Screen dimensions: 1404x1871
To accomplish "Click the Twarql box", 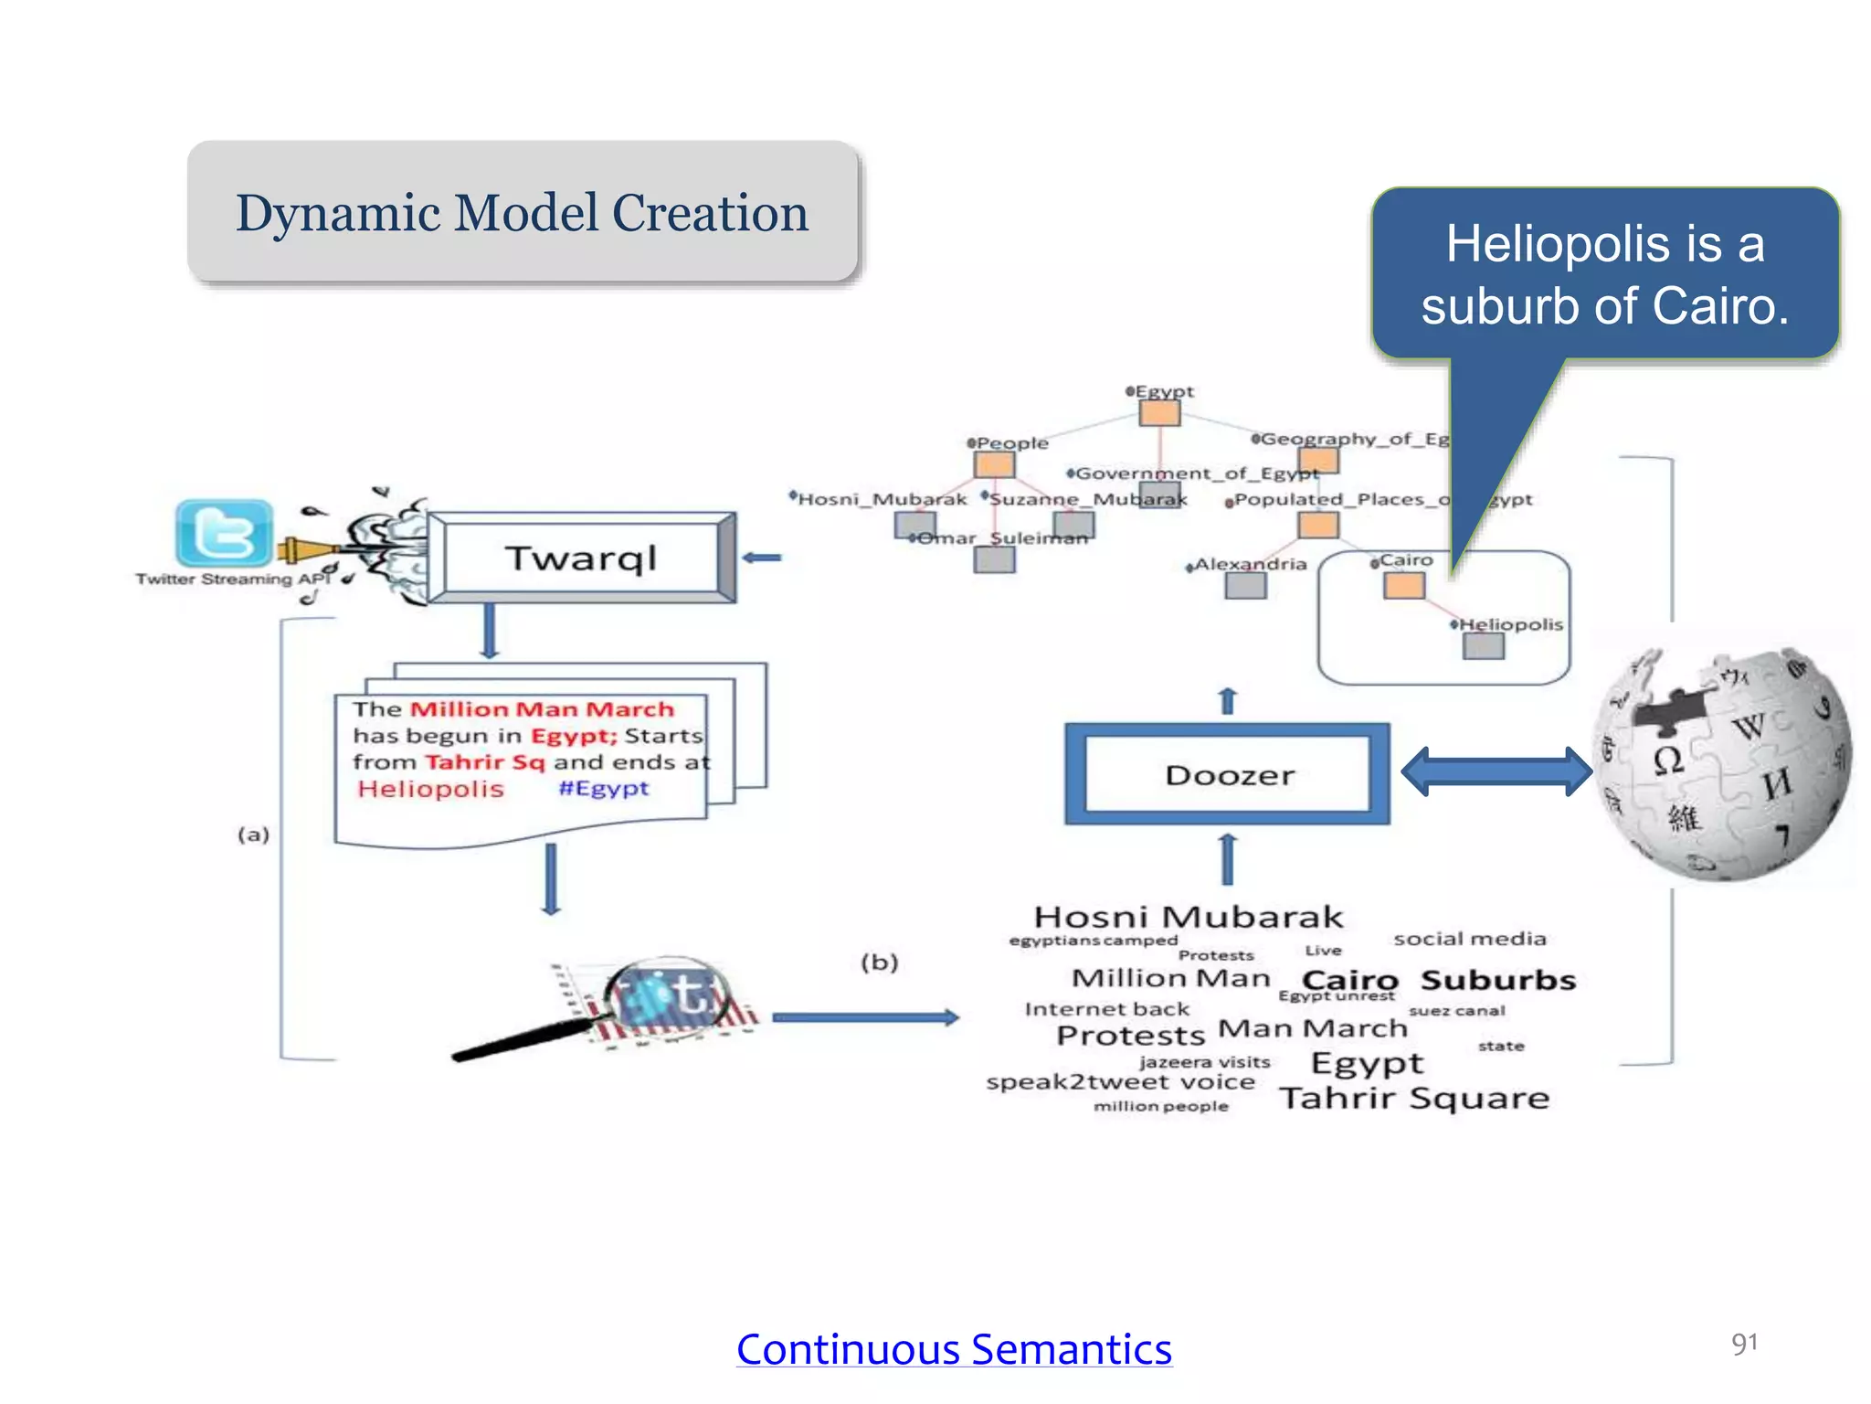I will point(581,558).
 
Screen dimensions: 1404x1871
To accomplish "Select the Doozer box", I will point(1228,775).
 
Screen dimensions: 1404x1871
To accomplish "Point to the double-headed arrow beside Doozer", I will point(1496,771).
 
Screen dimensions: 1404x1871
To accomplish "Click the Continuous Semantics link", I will point(954,1349).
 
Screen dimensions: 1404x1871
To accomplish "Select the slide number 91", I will point(1743,1343).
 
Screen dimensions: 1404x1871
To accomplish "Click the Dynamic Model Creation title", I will point(522,213).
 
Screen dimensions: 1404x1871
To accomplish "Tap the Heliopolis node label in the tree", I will point(1510,624).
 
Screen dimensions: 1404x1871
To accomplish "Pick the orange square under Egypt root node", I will point(1159,414).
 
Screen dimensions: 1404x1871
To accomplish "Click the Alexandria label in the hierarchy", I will point(1250,564).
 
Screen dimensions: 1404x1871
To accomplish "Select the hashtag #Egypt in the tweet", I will point(603,788).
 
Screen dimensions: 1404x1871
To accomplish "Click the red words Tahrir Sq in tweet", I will point(484,762).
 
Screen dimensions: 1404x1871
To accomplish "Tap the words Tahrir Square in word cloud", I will point(1414,1098).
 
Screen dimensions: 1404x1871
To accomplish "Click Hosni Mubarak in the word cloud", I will point(1188,917).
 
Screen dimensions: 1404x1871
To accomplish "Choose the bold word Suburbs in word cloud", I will point(1498,980).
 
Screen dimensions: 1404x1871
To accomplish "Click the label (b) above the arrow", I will point(880,962).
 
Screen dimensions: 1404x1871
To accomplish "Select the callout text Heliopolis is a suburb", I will point(1604,274).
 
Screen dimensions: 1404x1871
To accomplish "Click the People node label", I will point(1011,443).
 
